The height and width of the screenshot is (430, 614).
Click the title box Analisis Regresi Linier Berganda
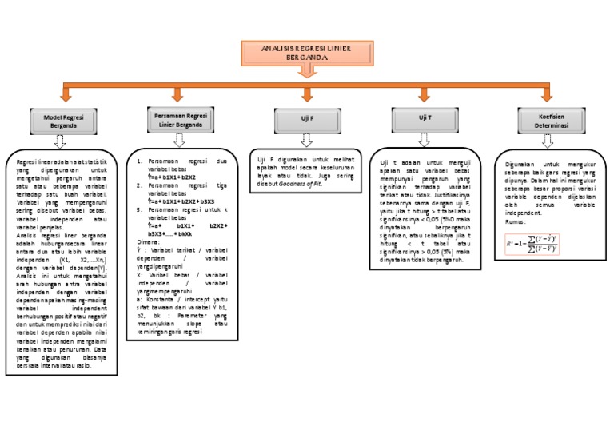(x=307, y=53)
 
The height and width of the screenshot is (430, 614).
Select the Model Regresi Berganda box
(x=65, y=121)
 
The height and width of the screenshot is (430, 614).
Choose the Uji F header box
(x=307, y=119)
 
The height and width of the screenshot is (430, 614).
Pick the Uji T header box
(x=425, y=119)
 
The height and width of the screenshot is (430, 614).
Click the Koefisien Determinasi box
(x=547, y=121)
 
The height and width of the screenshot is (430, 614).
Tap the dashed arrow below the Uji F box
(x=307, y=141)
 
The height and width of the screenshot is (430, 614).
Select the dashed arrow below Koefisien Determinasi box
(x=547, y=141)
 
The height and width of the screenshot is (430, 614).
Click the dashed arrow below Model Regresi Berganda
(x=59, y=141)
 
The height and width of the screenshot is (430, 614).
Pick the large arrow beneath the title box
(x=307, y=74)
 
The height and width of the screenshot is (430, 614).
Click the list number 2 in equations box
(x=139, y=185)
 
